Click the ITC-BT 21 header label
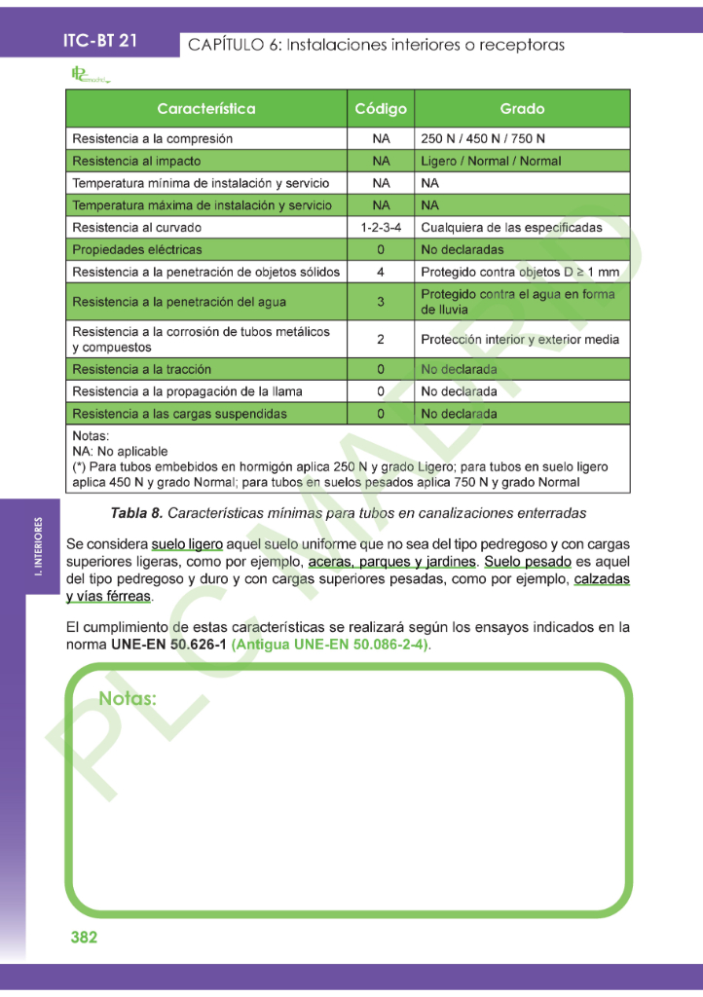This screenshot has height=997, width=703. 99,41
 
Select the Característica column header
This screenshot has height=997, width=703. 205,109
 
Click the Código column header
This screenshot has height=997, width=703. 381,109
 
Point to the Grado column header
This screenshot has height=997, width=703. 522,109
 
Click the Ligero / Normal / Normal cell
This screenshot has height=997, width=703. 491,162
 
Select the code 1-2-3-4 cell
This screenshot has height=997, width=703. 381,228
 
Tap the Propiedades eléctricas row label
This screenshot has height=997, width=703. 137,250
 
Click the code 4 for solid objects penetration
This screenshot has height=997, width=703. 381,272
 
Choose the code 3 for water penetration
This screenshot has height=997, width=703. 381,302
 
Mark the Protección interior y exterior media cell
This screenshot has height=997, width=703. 520,340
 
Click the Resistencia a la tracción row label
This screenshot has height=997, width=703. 141,370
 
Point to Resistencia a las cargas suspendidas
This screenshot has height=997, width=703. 179,414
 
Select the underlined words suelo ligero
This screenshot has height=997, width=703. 187,543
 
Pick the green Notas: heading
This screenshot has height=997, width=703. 128,699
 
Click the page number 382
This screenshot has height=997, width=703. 84,938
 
